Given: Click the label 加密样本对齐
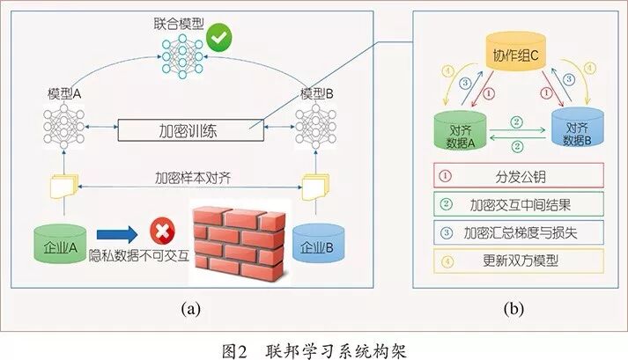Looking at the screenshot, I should (191, 174).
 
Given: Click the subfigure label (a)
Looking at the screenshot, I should (190, 309).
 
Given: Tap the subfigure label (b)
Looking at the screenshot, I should (513, 309).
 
